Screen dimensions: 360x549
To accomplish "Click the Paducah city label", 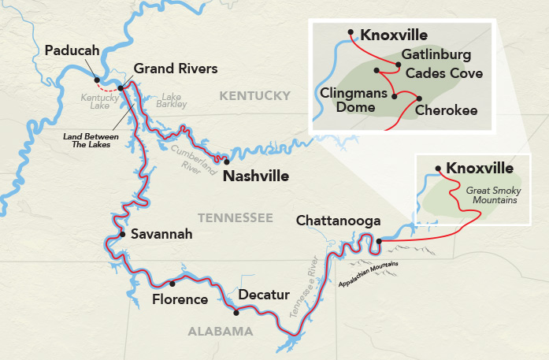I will (72, 50).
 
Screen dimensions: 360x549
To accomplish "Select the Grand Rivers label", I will (175, 69).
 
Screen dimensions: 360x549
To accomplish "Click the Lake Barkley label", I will (170, 100).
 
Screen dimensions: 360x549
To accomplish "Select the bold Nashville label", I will (255, 176).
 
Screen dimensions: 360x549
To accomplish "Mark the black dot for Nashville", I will (227, 161).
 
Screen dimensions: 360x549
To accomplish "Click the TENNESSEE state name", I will (236, 217).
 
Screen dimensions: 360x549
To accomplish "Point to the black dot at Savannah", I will (122, 234).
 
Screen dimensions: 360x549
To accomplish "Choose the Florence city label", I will (180, 299).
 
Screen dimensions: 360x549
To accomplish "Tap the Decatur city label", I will (264, 295).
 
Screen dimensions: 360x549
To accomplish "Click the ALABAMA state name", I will (220, 332).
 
